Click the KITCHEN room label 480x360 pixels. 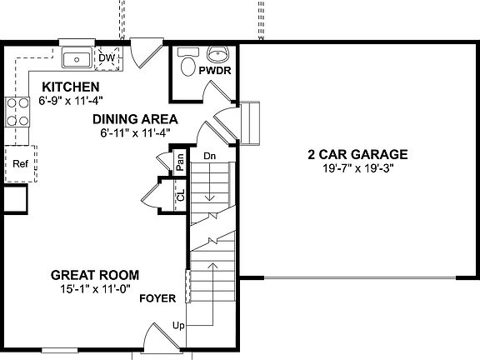pyautogui.click(x=71, y=87)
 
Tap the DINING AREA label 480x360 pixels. pyautogui.click(x=134, y=118)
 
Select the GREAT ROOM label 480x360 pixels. pyautogui.click(x=94, y=274)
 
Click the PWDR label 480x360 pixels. pyautogui.click(x=214, y=72)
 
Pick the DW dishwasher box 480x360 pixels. pyautogui.click(x=107, y=57)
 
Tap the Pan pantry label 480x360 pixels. pyautogui.click(x=178, y=162)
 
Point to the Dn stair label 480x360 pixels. pyautogui.click(x=210, y=155)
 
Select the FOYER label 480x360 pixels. pyautogui.click(x=157, y=297)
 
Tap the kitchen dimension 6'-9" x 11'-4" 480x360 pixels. pyautogui.click(x=71, y=100)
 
